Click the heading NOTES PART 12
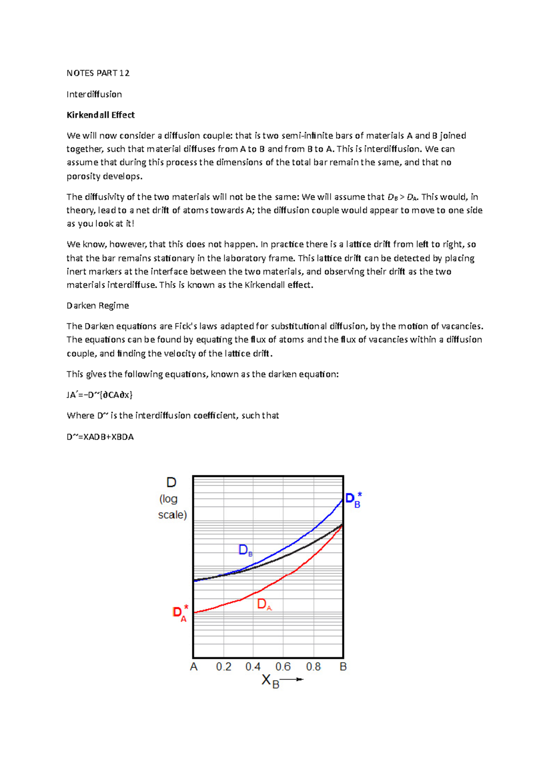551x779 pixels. [98, 73]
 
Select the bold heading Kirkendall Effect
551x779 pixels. [101, 115]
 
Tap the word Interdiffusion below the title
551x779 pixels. [94, 94]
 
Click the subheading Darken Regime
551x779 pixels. [97, 306]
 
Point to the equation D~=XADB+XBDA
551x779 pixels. [100, 437]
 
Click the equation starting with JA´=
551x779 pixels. [99, 395]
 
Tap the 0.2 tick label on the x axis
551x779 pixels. [224, 667]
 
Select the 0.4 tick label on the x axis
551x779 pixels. [253, 667]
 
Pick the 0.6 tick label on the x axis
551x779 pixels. [283, 667]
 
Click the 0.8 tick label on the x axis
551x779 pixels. [313, 667]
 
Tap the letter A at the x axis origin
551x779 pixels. [194, 667]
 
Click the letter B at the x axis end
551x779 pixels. [343, 667]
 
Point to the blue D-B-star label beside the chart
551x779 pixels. [353, 500]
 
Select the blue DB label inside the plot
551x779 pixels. [245, 550]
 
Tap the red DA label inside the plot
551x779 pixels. [264, 604]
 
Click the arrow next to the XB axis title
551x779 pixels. [292, 679]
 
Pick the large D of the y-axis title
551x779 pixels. [171, 483]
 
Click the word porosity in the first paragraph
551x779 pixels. [83, 176]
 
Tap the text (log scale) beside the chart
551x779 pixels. [172, 507]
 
